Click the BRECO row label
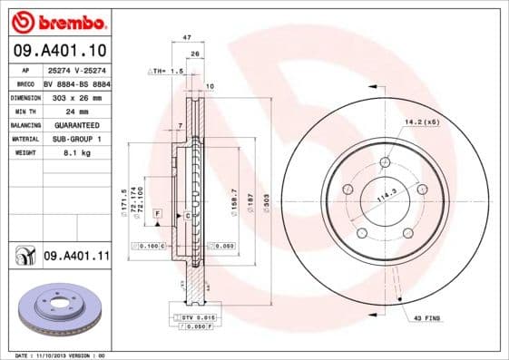(x=25, y=83)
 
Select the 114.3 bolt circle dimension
(x=388, y=194)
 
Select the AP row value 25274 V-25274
(x=77, y=69)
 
